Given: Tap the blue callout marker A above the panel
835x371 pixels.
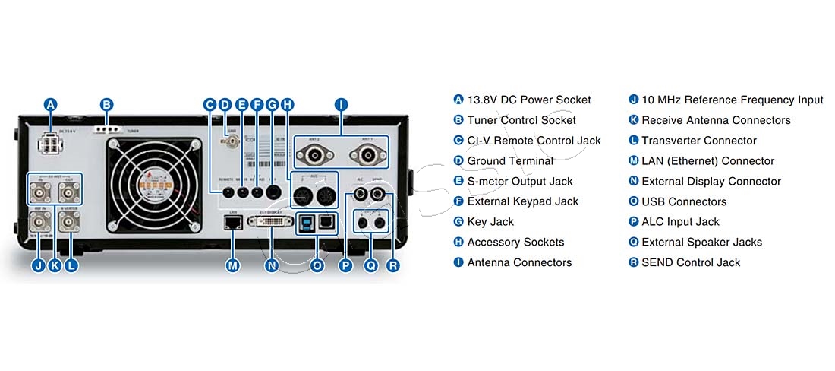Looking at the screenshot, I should pyautogui.click(x=51, y=105).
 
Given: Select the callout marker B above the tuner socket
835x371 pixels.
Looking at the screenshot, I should pyautogui.click(x=107, y=105).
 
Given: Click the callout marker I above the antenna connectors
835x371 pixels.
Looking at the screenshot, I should pyautogui.click(x=341, y=105).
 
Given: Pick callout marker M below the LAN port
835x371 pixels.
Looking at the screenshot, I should pyautogui.click(x=233, y=265).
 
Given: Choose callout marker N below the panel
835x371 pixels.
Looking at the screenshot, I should pyautogui.click(x=271, y=265).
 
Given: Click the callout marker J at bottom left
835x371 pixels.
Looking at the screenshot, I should pyautogui.click(x=38, y=265).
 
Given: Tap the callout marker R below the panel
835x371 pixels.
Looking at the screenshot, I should pyautogui.click(x=392, y=265).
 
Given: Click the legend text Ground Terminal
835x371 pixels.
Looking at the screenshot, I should pyautogui.click(x=509, y=161).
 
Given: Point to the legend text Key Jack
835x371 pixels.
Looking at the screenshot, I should pyautogui.click(x=490, y=222).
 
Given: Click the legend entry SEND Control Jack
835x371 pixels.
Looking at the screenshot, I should pyautogui.click(x=690, y=262).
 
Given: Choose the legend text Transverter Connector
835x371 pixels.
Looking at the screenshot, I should pyautogui.click(x=698, y=141).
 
